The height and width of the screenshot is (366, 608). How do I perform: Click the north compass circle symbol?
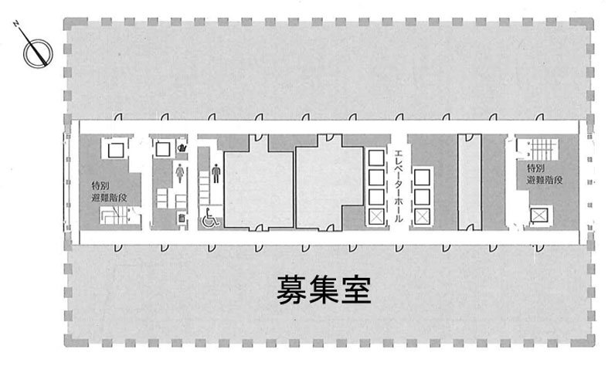click(x=38, y=53)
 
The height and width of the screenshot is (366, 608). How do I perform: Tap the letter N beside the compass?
click(x=16, y=24)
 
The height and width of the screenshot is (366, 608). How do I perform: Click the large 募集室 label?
click(x=324, y=290)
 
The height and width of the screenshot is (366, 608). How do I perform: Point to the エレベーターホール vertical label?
click(x=398, y=186)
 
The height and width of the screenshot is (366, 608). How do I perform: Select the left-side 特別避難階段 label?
click(x=109, y=191)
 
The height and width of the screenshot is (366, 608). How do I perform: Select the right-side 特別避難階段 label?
click(x=544, y=174)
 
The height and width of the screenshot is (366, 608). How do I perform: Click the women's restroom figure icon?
click(x=179, y=173)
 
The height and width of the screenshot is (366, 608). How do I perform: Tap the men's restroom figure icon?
click(x=216, y=173)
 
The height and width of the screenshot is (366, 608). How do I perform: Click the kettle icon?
click(x=182, y=147)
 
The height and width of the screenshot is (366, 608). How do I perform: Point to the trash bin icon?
click(x=181, y=218)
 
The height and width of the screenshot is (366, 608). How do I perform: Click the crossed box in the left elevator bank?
click(x=375, y=217)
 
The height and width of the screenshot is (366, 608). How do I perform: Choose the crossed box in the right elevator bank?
click(x=422, y=216)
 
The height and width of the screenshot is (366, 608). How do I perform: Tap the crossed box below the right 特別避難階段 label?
click(x=539, y=215)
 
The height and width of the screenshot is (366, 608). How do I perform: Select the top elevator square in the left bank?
click(x=375, y=158)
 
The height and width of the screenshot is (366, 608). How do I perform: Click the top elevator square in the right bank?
click(x=422, y=178)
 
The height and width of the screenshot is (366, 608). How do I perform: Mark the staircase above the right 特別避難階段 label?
click(x=542, y=149)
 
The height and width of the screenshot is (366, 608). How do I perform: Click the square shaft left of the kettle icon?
click(x=162, y=149)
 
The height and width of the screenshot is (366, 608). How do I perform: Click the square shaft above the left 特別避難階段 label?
click(x=116, y=150)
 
